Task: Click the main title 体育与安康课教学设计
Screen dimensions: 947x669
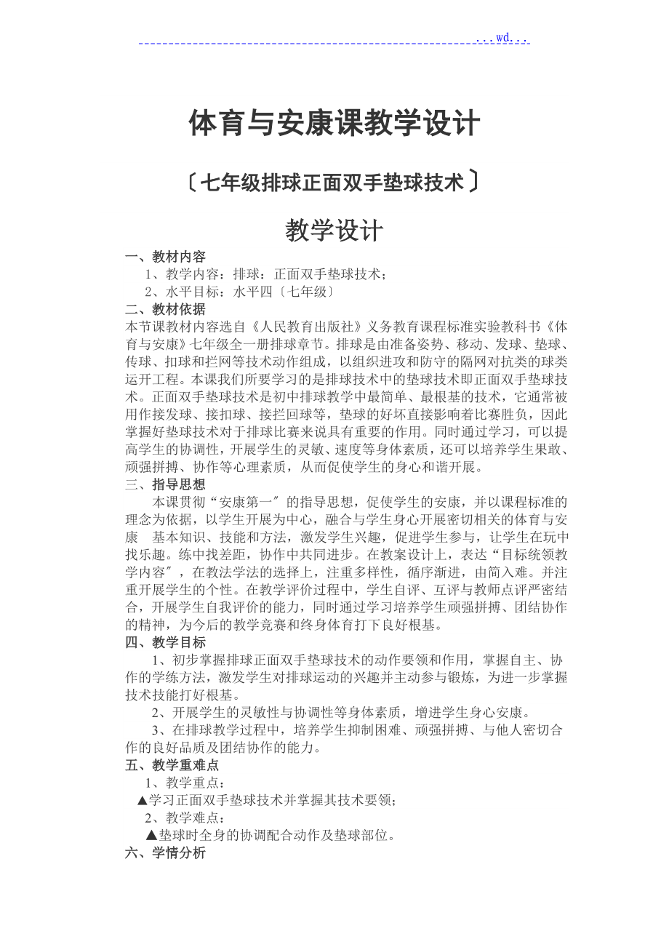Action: pos(334,124)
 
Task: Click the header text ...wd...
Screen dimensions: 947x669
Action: pos(502,37)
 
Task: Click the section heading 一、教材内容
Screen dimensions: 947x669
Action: pos(165,257)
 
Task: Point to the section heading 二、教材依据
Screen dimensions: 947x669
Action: pos(165,309)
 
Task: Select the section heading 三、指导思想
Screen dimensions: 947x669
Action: pos(165,484)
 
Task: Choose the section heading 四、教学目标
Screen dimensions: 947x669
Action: pos(165,642)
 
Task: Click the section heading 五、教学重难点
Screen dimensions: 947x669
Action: pos(172,765)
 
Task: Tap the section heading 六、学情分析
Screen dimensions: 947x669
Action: pos(165,853)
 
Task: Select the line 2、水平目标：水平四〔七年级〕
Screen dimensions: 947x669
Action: pos(239,292)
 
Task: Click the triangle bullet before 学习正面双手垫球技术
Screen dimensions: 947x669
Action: pos(143,800)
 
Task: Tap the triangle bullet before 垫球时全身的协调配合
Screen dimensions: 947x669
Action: pos(151,836)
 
